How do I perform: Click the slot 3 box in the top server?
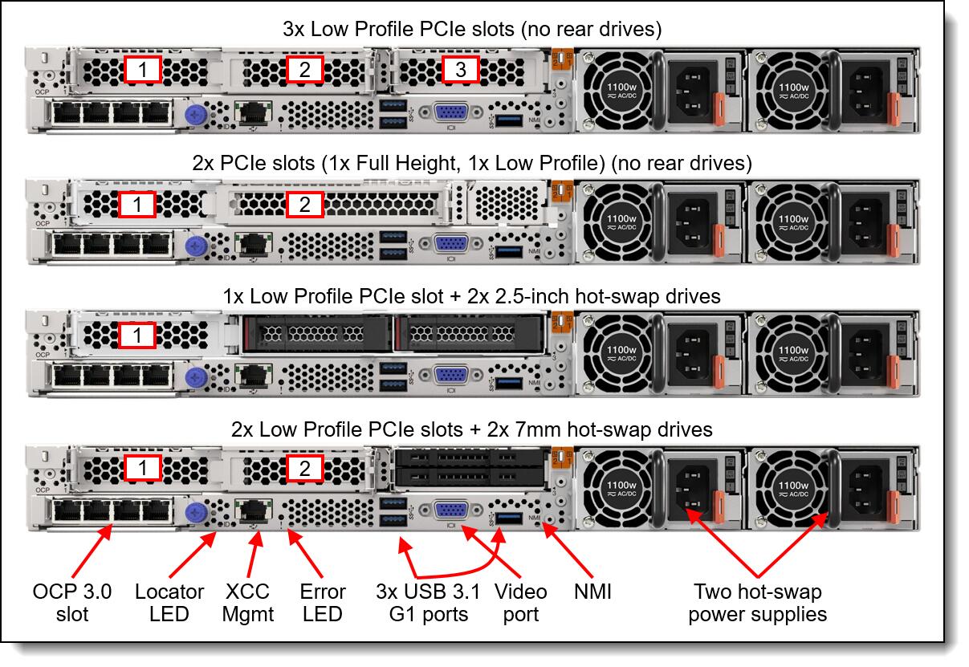point(460,70)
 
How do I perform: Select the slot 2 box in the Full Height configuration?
point(304,205)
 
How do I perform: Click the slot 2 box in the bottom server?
point(304,469)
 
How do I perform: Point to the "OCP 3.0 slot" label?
point(71,603)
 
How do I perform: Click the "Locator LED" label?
point(169,603)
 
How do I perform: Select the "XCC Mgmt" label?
point(248,603)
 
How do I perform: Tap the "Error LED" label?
point(322,603)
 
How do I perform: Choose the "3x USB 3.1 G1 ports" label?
point(428,603)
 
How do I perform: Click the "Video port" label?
point(520,603)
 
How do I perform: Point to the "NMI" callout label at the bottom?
point(593,592)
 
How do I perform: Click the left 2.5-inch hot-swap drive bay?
point(313,331)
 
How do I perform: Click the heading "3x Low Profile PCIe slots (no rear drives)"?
point(472,31)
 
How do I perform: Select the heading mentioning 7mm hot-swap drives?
point(472,429)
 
